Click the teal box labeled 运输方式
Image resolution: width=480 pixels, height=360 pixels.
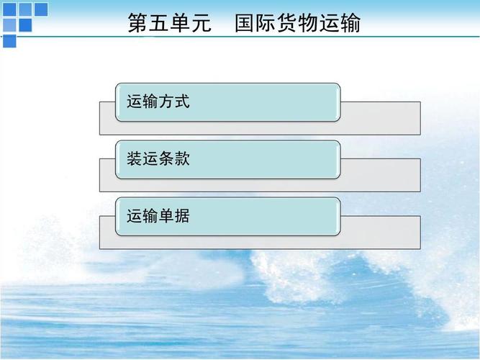click(x=227, y=102)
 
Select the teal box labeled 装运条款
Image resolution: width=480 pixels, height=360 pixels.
click(x=227, y=159)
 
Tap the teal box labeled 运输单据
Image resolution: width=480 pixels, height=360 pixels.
click(x=227, y=216)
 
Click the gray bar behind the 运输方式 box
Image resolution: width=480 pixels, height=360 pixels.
click(x=380, y=118)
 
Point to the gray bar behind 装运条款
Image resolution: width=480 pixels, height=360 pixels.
click(x=380, y=176)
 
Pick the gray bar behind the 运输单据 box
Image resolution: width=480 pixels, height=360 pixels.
click(x=380, y=233)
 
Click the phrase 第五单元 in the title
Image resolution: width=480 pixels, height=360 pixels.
click(x=169, y=24)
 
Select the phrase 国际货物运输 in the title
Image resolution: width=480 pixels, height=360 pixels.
click(x=297, y=24)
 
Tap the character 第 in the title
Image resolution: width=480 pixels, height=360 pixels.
click(x=138, y=24)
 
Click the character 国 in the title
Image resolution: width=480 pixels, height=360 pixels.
click(x=245, y=24)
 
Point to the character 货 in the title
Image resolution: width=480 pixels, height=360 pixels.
click(x=287, y=24)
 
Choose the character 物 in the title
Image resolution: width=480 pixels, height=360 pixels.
click(x=308, y=24)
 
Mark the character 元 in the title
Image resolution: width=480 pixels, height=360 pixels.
click(x=201, y=24)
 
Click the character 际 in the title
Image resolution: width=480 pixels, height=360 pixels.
click(x=266, y=24)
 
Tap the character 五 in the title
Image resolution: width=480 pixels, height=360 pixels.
click(x=159, y=24)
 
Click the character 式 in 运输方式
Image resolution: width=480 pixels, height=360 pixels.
click(x=182, y=102)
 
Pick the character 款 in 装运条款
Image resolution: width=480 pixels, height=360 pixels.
click(x=182, y=159)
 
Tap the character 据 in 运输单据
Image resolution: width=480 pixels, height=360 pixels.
click(x=182, y=216)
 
